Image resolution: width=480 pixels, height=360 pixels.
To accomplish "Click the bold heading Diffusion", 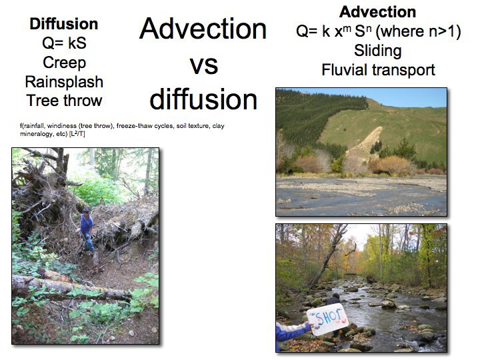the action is coord(64,24).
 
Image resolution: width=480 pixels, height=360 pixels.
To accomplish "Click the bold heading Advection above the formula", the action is coord(377,12).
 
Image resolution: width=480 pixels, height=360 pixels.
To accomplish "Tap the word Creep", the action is coord(64,63).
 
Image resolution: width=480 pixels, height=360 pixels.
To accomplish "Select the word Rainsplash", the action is coord(64,82).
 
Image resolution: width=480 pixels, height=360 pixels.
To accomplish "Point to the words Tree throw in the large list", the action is coord(64,101).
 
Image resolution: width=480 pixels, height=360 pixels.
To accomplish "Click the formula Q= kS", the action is coord(64,43).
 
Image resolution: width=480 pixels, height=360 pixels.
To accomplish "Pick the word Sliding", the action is coord(378,51).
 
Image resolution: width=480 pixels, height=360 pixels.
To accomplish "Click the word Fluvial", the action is coord(344,69).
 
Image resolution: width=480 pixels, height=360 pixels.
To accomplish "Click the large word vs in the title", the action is coord(203,65).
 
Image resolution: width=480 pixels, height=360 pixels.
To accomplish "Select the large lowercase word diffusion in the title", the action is coord(203,99).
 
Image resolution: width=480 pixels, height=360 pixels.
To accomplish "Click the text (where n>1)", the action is coord(418,31).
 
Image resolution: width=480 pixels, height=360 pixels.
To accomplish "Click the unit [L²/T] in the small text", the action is coord(77,134).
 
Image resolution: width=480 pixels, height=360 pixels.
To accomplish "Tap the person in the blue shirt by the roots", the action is coord(87,230).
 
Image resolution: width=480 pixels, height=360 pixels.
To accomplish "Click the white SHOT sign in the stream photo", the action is coord(327,319).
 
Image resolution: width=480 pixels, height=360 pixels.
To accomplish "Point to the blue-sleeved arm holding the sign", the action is coord(293,332).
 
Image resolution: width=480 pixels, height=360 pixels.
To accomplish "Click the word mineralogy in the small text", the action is coord(35,134).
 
